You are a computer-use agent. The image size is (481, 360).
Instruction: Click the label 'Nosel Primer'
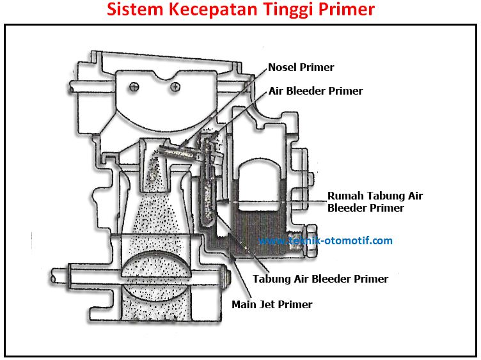tap(301, 67)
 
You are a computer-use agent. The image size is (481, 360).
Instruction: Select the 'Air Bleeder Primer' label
tap(315, 91)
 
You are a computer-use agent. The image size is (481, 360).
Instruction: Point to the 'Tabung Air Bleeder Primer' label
tap(320, 279)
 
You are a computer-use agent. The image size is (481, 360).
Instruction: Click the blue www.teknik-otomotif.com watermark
tap(326, 241)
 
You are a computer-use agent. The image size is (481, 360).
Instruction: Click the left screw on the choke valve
tap(134, 86)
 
